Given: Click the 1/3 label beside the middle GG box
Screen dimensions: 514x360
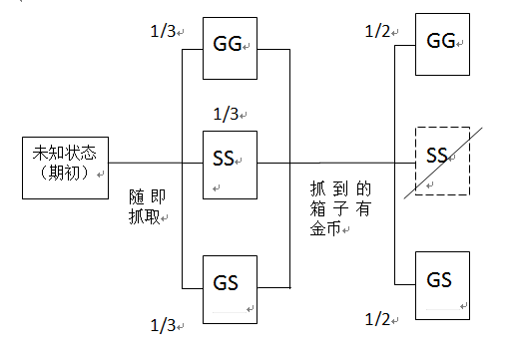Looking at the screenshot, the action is tap(163, 31).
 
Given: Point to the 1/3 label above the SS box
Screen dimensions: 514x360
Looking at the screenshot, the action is tap(226, 114).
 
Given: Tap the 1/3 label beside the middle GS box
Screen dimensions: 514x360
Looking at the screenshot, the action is tap(163, 325).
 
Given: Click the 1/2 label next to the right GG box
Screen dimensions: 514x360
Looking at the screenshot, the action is tap(377, 31).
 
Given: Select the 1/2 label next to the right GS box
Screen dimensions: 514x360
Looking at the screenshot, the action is tap(377, 319).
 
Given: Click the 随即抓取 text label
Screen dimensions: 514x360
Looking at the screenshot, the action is tap(147, 206).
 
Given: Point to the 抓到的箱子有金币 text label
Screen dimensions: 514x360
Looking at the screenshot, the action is tap(340, 208).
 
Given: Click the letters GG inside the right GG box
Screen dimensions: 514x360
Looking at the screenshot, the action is tap(441, 41).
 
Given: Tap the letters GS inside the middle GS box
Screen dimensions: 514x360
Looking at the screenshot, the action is tap(226, 283).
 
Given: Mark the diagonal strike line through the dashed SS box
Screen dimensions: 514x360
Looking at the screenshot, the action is tap(443, 163).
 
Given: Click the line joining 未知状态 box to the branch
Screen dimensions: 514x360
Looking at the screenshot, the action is tap(146, 163).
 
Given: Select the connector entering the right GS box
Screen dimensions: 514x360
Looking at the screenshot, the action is tap(405, 284).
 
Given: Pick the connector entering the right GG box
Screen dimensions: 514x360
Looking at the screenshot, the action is tap(405, 45).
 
